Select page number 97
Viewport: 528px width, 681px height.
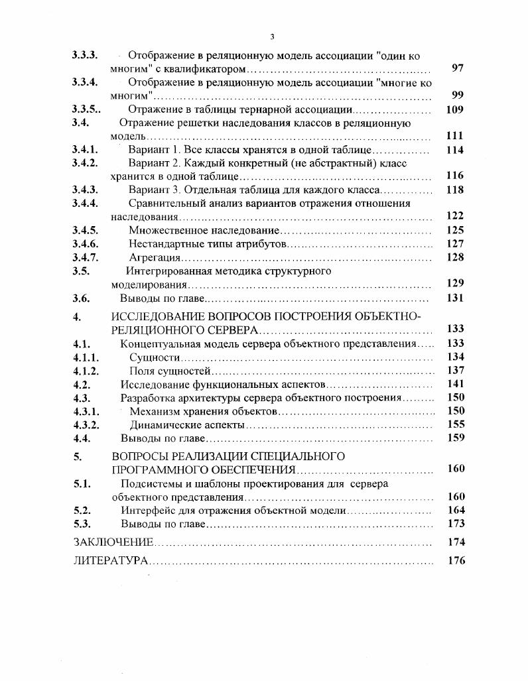click(x=456, y=68)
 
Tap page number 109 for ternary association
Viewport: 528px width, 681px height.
click(x=455, y=110)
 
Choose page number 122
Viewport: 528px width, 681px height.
click(x=455, y=216)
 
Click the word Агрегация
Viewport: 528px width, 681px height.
click(x=155, y=257)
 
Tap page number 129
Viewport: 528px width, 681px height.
click(x=455, y=283)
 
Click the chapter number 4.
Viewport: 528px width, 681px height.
click(x=77, y=317)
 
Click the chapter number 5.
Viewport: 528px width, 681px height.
click(x=77, y=456)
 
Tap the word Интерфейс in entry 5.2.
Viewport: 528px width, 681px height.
click(x=149, y=511)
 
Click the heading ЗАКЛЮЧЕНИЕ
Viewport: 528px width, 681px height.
click(x=113, y=542)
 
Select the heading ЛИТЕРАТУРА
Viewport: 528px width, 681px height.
click(x=110, y=561)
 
